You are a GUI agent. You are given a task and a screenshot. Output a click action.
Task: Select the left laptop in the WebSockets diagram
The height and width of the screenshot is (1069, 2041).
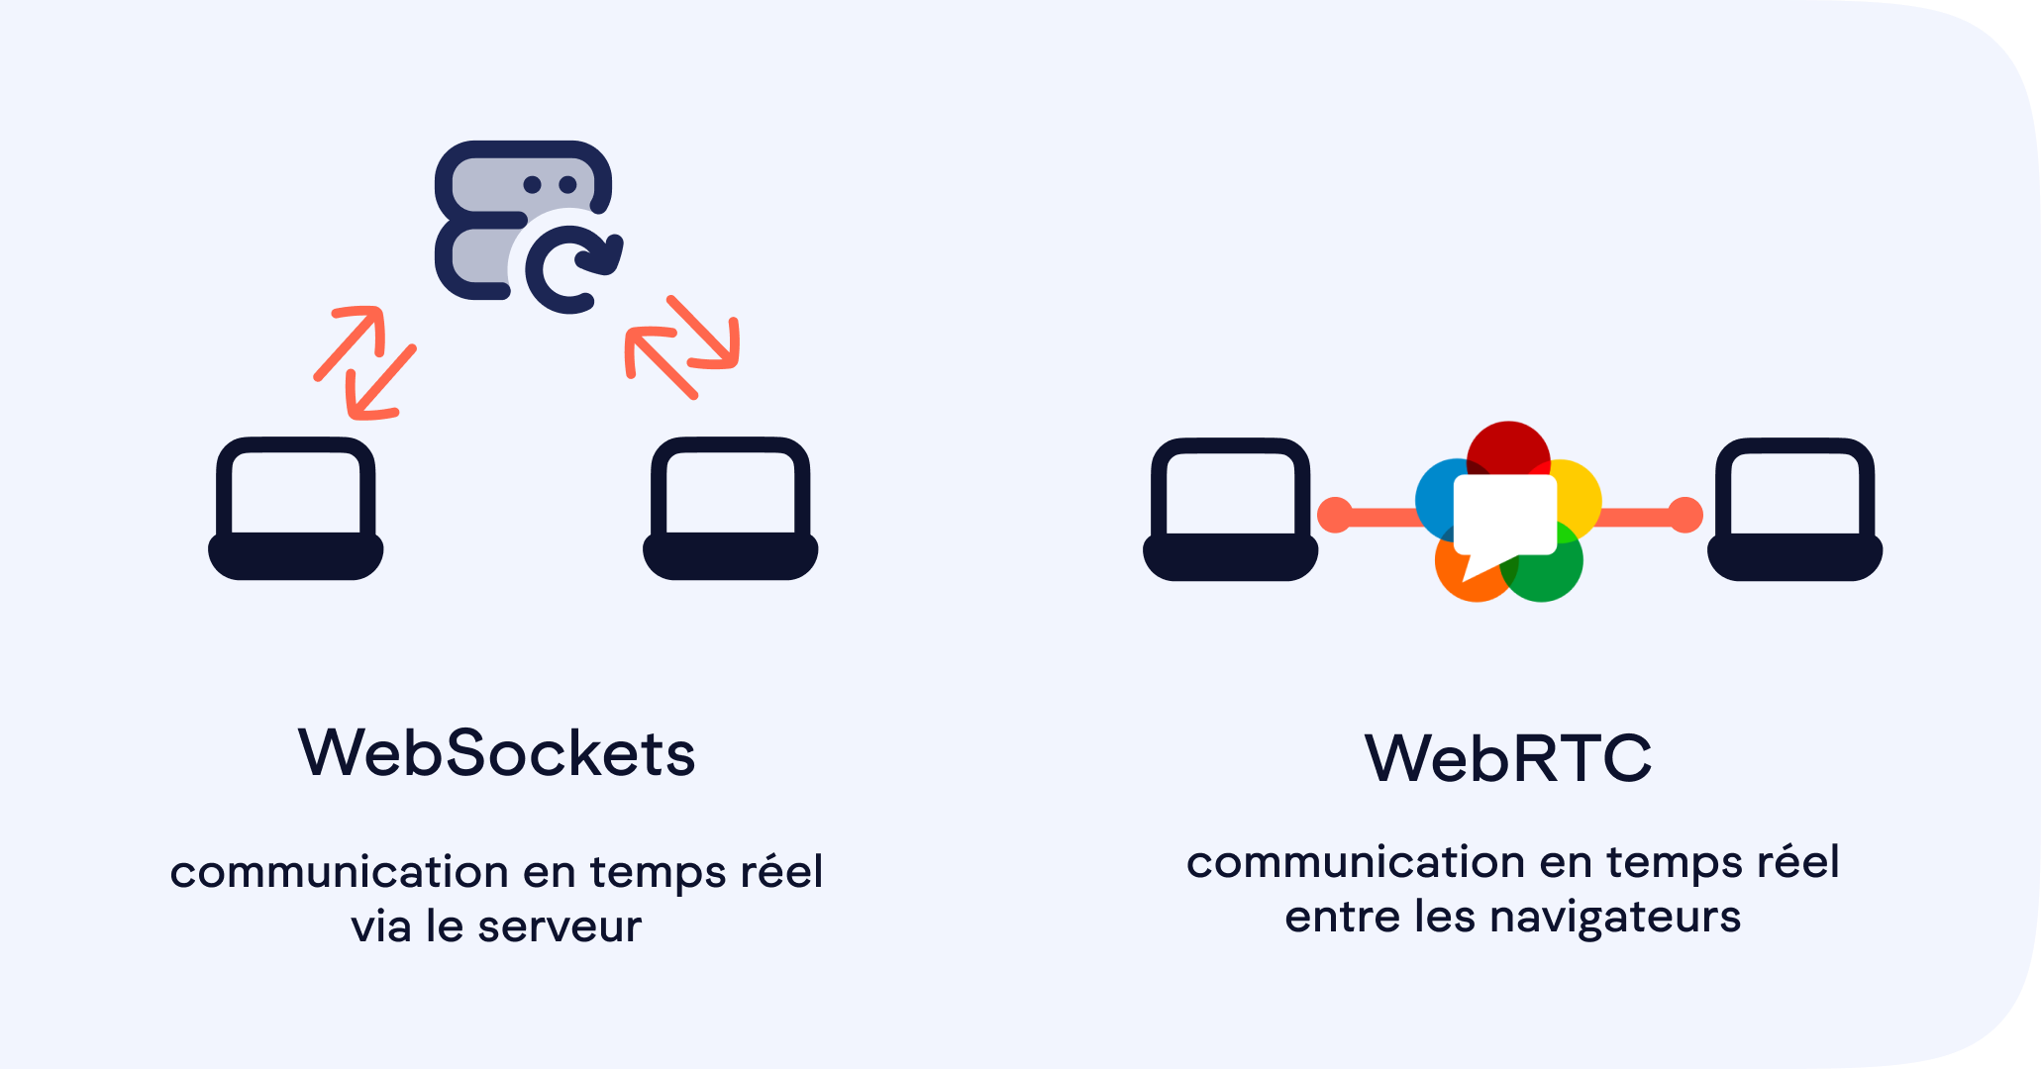point(295,508)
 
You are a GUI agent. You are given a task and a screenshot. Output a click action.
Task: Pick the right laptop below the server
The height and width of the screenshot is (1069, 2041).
point(731,508)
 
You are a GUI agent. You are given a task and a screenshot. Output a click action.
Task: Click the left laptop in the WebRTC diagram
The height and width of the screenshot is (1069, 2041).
point(1230,509)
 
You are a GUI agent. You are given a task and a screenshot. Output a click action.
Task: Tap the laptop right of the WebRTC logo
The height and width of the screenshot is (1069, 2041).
point(1794,509)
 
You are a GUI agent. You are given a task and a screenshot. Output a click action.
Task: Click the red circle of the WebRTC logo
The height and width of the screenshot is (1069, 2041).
point(1508,447)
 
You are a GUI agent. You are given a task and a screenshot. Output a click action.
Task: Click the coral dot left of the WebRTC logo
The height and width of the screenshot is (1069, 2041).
point(1335,515)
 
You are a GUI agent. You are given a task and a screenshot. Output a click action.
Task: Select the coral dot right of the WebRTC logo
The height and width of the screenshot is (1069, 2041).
point(1684,515)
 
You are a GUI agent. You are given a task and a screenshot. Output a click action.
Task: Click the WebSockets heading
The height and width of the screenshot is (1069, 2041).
point(496,753)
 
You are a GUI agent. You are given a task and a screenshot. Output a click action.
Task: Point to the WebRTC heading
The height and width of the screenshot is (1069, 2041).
point(1508,758)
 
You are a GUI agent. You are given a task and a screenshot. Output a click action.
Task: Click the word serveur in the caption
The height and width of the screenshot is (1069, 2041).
point(560,927)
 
